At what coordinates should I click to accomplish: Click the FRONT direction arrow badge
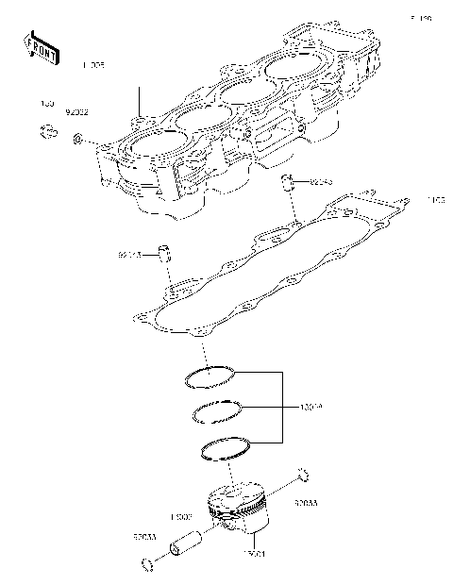(x=42, y=47)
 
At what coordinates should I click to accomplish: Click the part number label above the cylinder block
(x=93, y=65)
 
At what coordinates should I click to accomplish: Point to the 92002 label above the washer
(x=76, y=111)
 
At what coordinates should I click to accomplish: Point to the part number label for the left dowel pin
(x=129, y=255)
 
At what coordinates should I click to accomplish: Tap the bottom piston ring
(x=225, y=449)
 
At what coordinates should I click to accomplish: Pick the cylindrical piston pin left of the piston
(x=183, y=543)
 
